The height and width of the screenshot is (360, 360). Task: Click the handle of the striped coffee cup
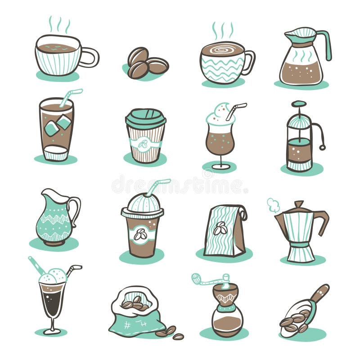[x=92, y=57]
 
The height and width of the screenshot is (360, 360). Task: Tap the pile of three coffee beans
[x=145, y=63]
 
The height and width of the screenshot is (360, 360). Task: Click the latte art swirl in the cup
[x=222, y=49]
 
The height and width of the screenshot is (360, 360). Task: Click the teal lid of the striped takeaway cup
[x=145, y=118]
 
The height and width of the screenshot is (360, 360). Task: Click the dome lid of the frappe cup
[x=143, y=203]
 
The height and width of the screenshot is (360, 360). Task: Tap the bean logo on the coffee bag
[x=220, y=229]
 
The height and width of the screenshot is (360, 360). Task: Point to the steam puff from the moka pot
[x=273, y=205]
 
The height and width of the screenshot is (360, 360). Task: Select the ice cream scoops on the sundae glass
[x=53, y=276]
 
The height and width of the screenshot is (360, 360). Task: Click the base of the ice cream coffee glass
[x=52, y=332]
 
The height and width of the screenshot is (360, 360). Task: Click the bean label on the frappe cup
[x=141, y=234]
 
